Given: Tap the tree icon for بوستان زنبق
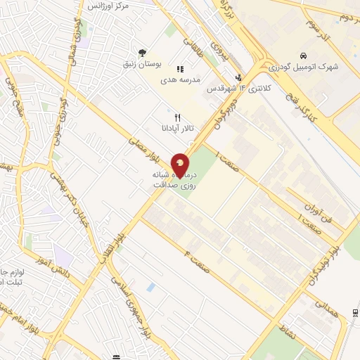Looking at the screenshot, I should click(143, 52).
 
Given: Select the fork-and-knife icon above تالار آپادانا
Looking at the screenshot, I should click(178, 117).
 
